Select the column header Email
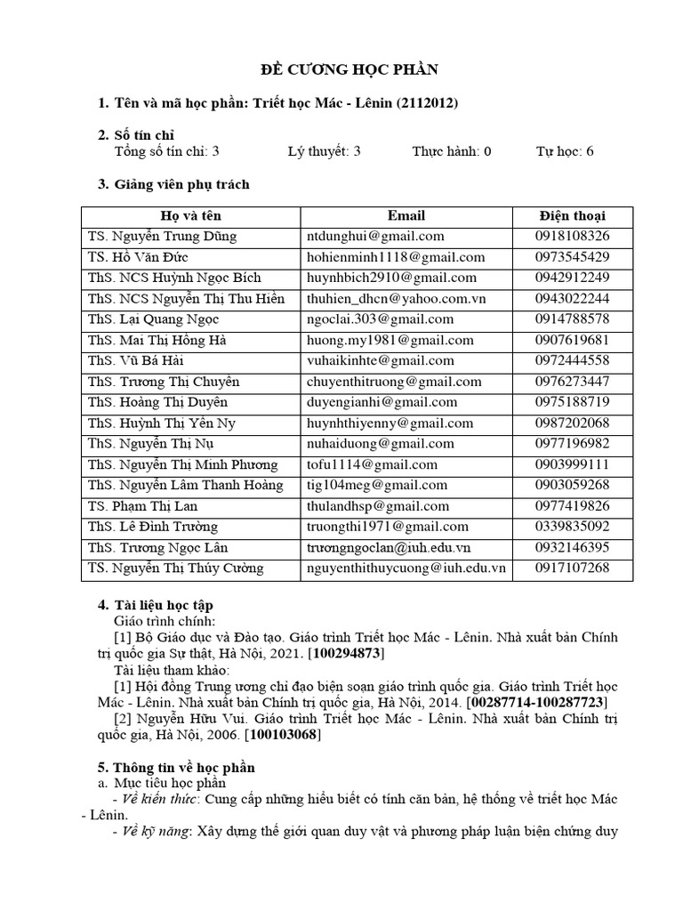(406, 216)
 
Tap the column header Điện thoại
(572, 216)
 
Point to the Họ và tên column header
(190, 216)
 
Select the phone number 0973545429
(572, 257)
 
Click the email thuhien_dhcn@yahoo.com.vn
(395, 299)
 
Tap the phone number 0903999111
(572, 464)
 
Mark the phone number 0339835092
(572, 527)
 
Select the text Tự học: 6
(564, 151)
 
